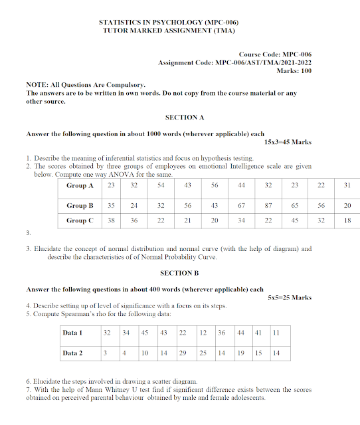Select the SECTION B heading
coord(179,273)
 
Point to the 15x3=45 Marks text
coord(288,142)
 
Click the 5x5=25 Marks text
coord(290,298)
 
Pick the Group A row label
coord(80,185)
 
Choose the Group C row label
coord(80,220)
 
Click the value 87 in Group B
coord(268,206)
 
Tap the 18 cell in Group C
coord(347,220)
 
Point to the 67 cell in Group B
coord(242,206)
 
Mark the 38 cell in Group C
coord(112,220)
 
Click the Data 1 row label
coord(72,332)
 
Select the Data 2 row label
coord(72,353)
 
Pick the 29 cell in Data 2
coord(182,353)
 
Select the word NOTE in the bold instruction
coord(36,86)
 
